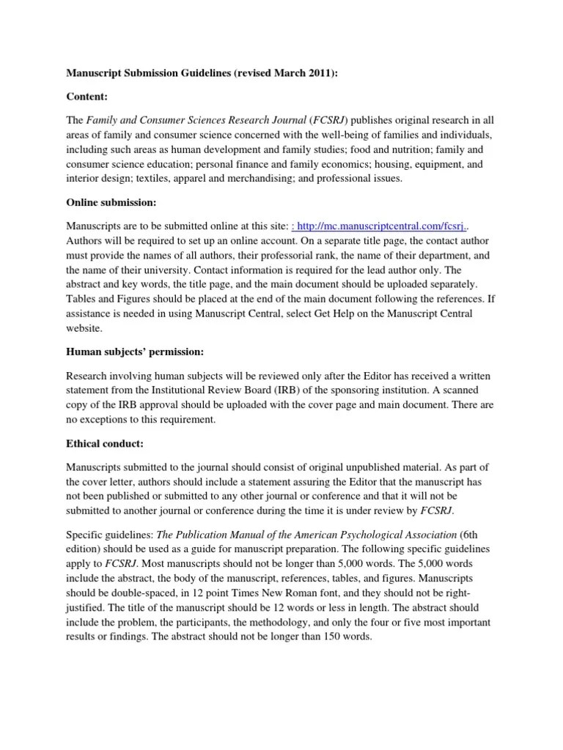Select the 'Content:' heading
[87, 96]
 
